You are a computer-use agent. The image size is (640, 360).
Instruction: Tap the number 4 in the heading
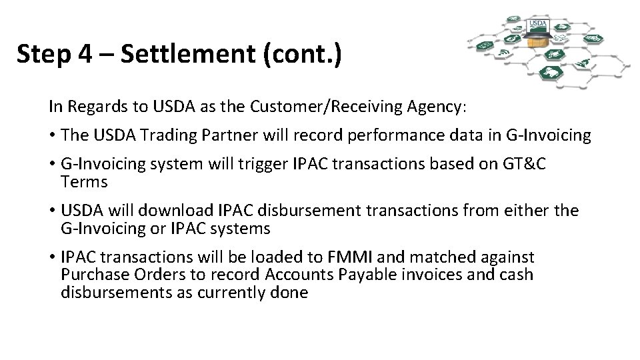[85, 54]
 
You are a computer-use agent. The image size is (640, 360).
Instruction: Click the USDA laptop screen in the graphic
[537, 25]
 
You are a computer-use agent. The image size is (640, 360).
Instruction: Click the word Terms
[84, 181]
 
